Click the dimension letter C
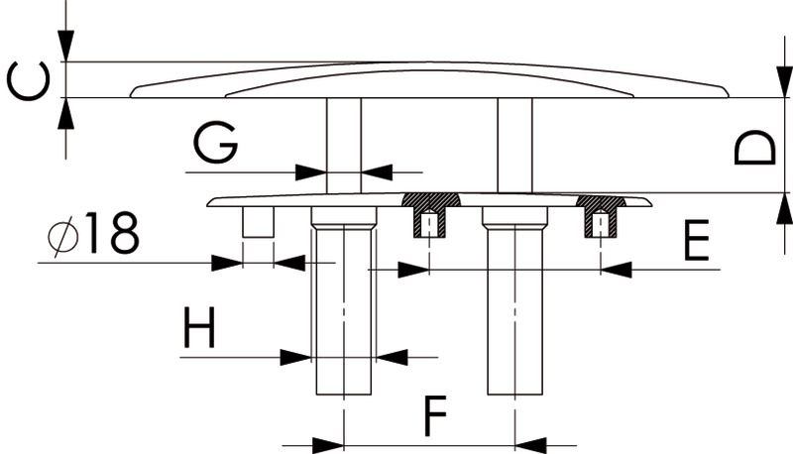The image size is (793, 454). point(28,80)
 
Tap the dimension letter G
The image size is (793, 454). point(215,145)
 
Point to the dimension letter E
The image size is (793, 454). point(697,242)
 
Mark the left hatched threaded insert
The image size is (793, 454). point(429,214)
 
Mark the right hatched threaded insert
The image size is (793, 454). point(601,215)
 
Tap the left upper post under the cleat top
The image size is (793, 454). point(344,145)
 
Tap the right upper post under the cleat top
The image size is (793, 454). point(514,145)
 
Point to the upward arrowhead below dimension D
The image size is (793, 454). point(783,208)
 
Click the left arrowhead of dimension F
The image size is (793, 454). point(328,444)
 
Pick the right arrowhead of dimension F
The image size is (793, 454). point(530,444)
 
